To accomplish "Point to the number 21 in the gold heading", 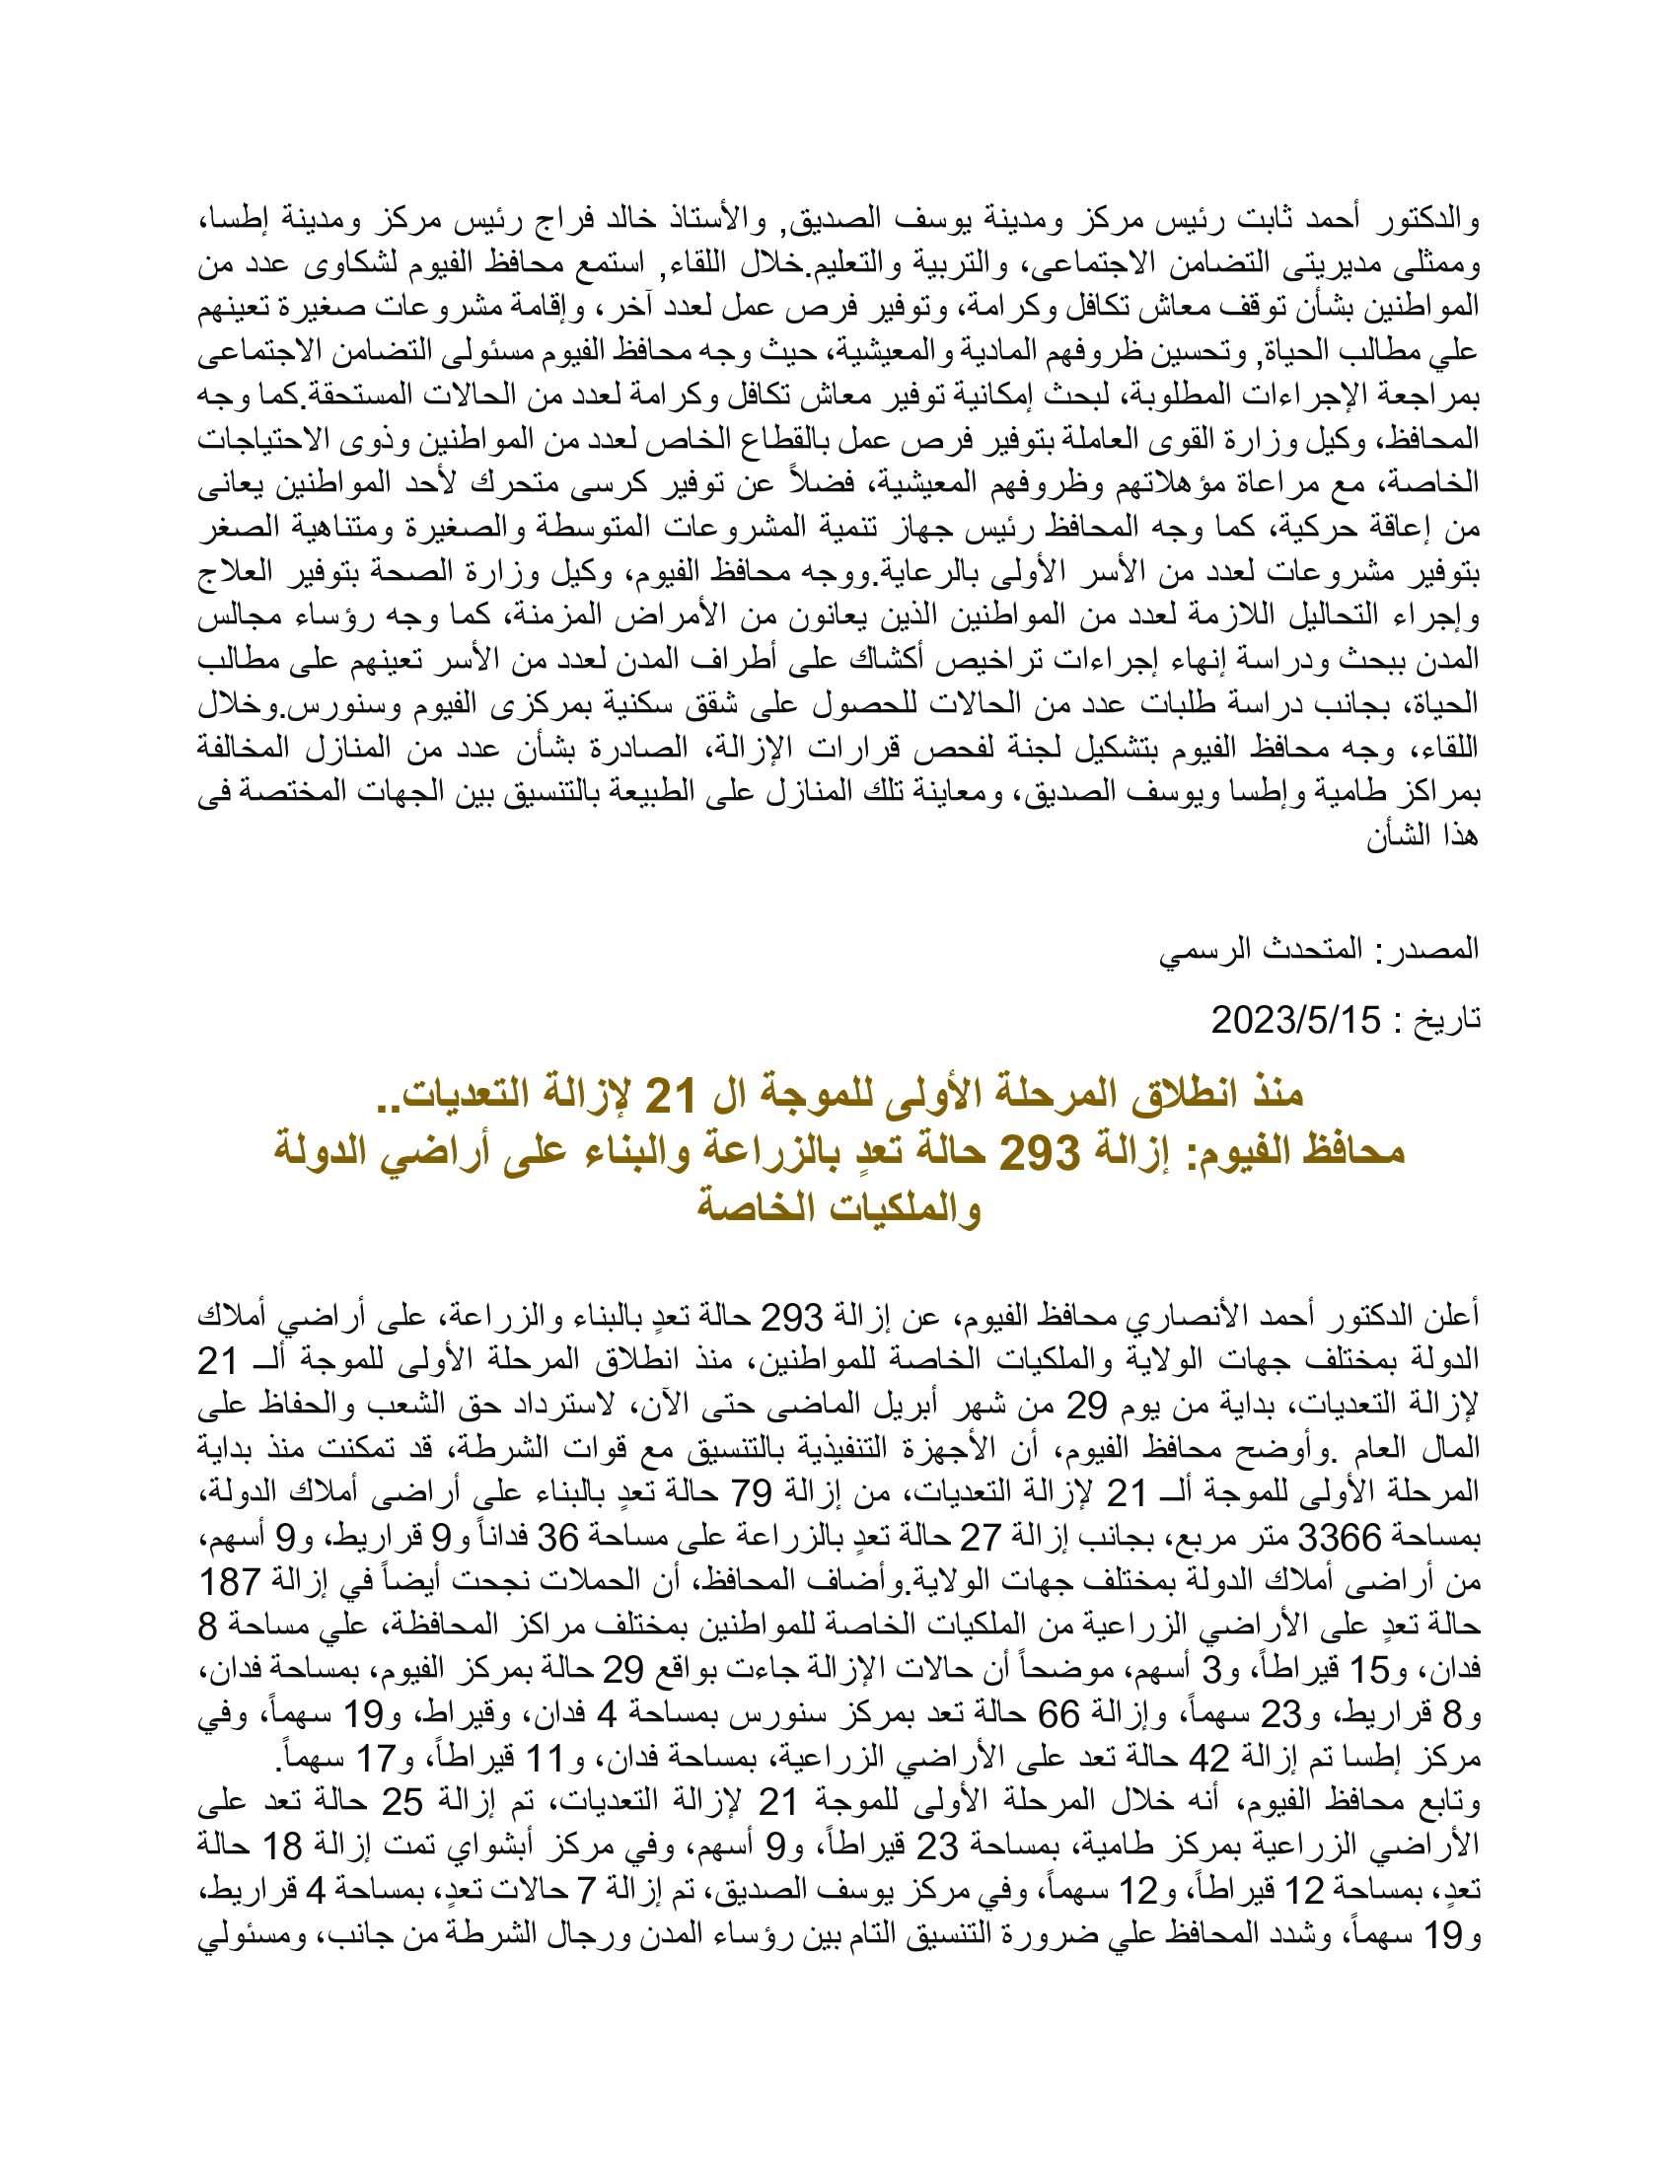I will (672, 1095).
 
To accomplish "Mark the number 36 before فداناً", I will (558, 1539).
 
